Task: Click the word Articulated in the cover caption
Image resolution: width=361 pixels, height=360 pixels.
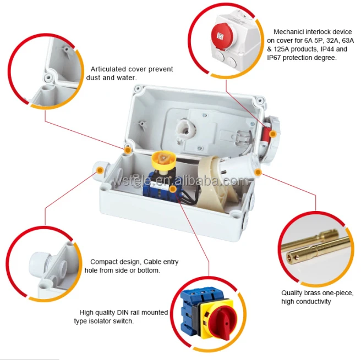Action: pyautogui.click(x=108, y=69)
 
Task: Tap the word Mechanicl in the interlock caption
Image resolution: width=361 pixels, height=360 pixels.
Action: pyautogui.click(x=289, y=32)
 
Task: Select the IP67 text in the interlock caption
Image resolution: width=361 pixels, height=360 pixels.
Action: pyautogui.click(x=274, y=58)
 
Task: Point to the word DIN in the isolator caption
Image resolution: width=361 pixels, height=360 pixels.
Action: pyautogui.click(x=123, y=312)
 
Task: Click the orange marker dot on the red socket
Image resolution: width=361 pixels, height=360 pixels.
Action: pyautogui.click(x=273, y=134)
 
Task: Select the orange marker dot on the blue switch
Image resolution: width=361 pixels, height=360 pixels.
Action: pyautogui.click(x=173, y=189)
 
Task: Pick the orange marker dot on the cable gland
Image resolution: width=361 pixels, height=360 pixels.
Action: pyautogui.click(x=100, y=170)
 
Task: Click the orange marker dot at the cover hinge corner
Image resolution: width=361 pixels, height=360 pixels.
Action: pyautogui.click(x=128, y=150)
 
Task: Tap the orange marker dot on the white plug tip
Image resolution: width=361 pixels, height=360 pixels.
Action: pyautogui.click(x=258, y=172)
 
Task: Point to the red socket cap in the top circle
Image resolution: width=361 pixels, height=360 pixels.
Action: pyautogui.click(x=223, y=36)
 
